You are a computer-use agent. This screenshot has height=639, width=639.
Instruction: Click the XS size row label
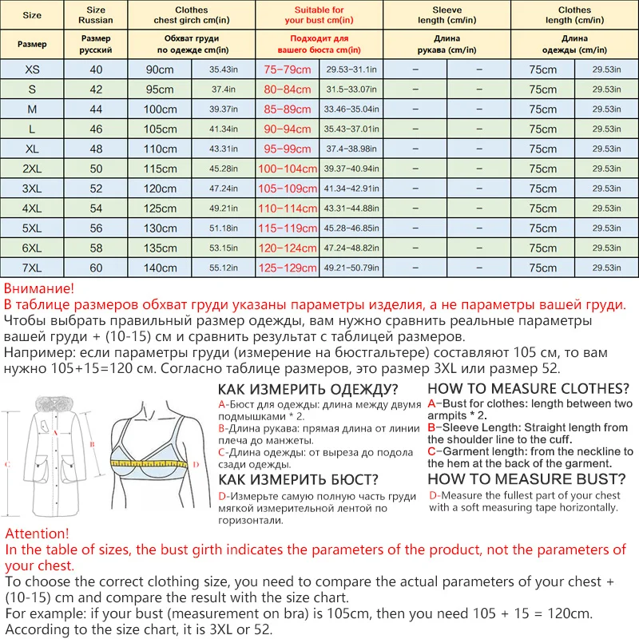[x=32, y=69]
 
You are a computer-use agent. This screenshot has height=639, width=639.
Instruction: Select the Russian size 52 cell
[x=96, y=189]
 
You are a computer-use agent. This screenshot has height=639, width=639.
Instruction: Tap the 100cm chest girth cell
[x=160, y=109]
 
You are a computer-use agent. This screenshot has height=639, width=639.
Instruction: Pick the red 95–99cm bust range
[x=287, y=149]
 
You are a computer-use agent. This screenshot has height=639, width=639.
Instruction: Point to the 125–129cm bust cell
[x=287, y=268]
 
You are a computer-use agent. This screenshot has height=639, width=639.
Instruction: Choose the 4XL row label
[x=32, y=208]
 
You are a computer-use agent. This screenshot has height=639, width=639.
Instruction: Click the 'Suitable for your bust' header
[x=319, y=15]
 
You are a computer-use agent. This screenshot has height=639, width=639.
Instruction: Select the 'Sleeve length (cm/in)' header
[x=447, y=15]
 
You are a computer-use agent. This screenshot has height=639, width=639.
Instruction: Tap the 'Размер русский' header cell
[x=96, y=43]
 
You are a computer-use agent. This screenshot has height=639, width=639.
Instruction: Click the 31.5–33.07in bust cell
[x=351, y=89]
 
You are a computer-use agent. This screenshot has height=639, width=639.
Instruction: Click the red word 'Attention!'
[x=37, y=533]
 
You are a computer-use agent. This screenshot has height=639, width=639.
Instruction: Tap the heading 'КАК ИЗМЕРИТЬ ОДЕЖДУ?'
[x=308, y=389]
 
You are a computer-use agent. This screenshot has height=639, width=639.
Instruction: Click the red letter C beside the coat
[x=7, y=463]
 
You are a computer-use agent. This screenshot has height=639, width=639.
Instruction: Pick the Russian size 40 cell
[x=96, y=69]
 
